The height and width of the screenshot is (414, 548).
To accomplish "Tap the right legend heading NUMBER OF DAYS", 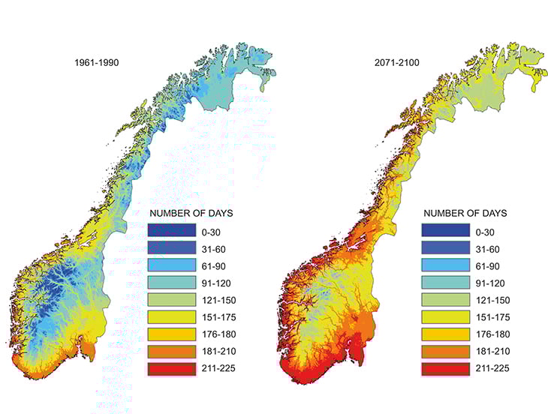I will pos(465,213).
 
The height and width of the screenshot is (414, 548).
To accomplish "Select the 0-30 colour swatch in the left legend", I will pos(172,232).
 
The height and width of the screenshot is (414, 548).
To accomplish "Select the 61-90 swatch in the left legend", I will pos(172,265).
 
